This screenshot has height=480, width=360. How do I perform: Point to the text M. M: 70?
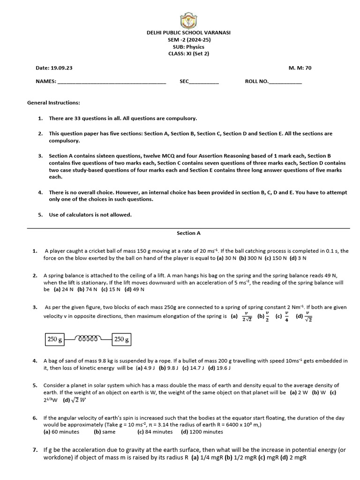pos(300,68)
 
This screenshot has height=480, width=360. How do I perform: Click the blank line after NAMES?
pos(111,82)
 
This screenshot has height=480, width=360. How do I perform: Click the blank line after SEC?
pos(203,82)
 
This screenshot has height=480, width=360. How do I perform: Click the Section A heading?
pos(188,233)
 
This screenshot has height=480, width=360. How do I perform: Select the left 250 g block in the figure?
pos(54,339)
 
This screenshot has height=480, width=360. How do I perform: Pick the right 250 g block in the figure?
pos(121,339)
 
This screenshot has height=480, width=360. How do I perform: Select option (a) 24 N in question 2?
pos(64,290)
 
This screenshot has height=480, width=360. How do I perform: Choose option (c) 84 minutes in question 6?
pos(155,432)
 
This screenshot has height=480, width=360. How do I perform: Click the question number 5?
pos(35,385)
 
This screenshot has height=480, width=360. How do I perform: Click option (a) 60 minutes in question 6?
pos(61,432)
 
